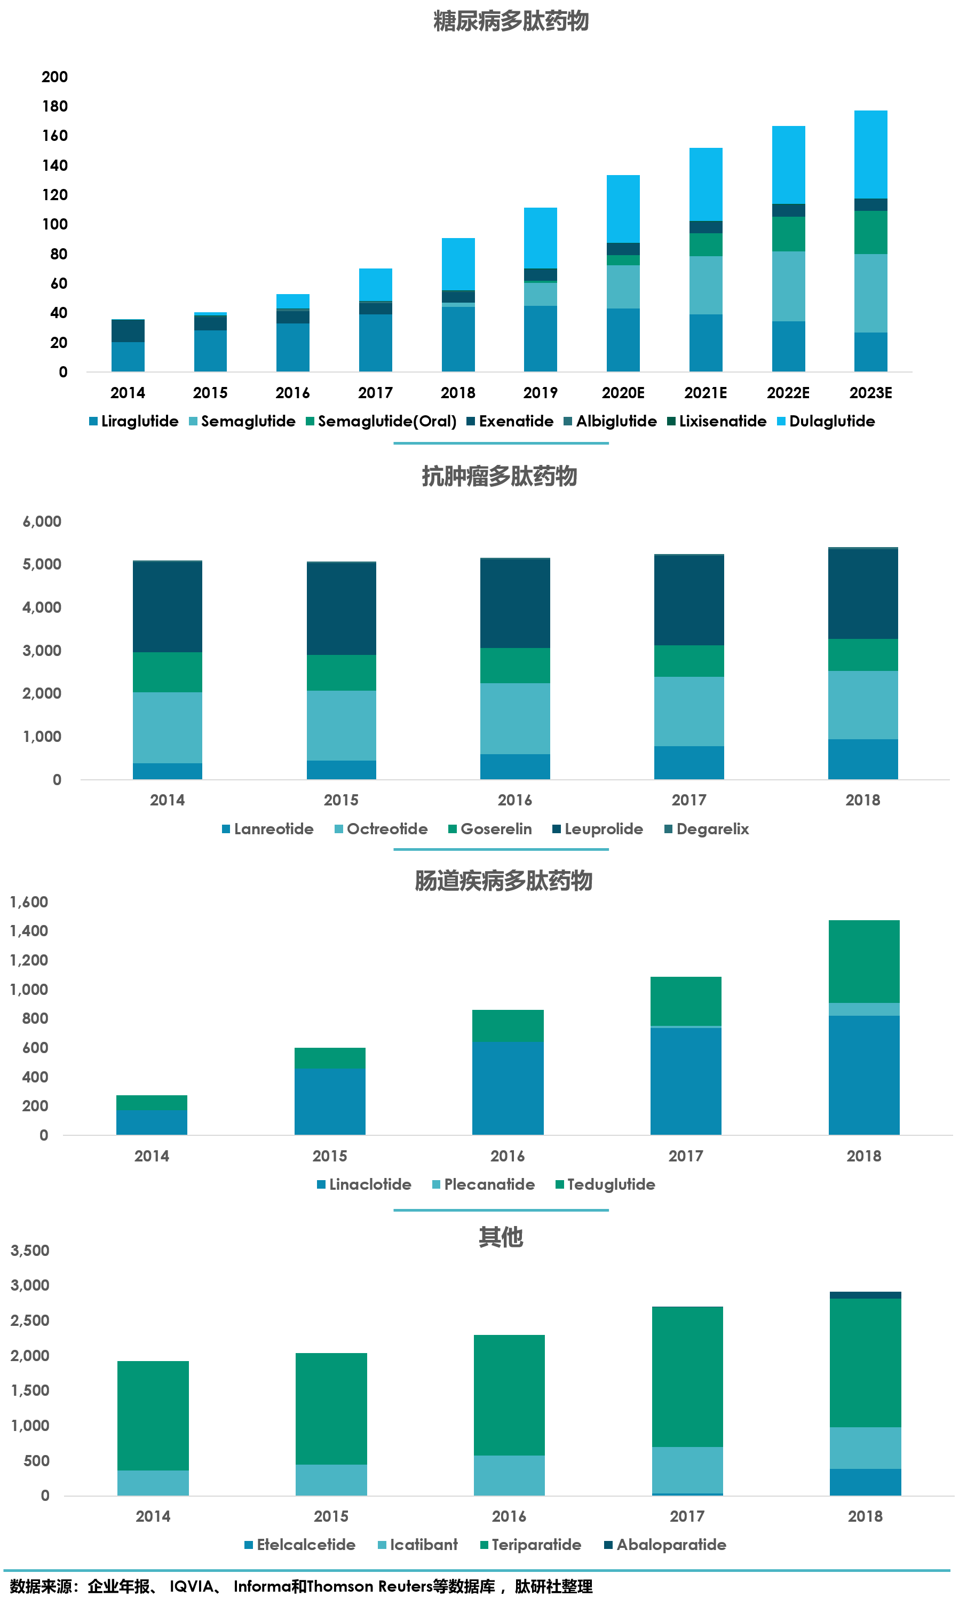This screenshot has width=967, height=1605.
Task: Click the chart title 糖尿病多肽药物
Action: click(511, 21)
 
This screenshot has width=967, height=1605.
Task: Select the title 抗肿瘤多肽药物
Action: click(499, 476)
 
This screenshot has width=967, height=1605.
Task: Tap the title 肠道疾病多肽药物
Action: click(503, 881)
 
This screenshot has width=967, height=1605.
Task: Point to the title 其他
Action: click(501, 1237)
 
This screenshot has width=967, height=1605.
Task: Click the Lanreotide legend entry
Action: click(268, 829)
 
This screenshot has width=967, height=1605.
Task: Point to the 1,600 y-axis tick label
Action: click(29, 902)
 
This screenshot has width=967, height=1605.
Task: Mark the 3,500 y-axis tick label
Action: click(30, 1250)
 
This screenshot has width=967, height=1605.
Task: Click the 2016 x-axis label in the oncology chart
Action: click(514, 800)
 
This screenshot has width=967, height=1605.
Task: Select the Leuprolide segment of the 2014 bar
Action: click(168, 607)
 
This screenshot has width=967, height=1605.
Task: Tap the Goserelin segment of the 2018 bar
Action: click(863, 654)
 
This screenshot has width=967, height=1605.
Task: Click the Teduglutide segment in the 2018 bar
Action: click(864, 961)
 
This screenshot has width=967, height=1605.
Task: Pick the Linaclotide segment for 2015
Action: click(329, 1102)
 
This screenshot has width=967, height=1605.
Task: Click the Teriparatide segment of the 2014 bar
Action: click(153, 1416)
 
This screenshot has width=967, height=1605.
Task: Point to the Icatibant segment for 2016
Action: click(509, 1475)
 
